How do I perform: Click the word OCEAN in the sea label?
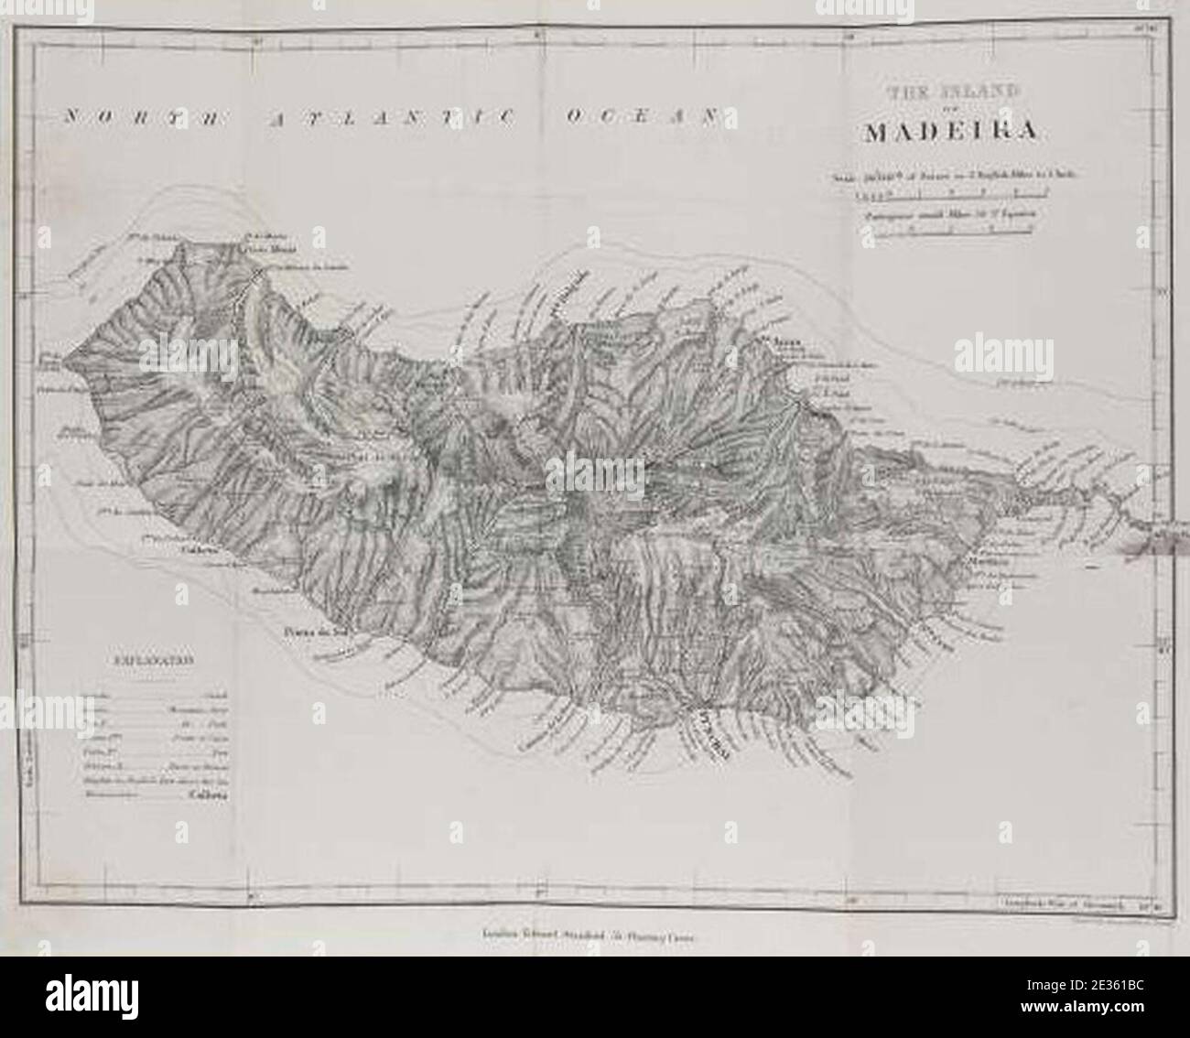641,117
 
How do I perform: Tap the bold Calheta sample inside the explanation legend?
208,795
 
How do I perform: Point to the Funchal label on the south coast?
709,733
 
